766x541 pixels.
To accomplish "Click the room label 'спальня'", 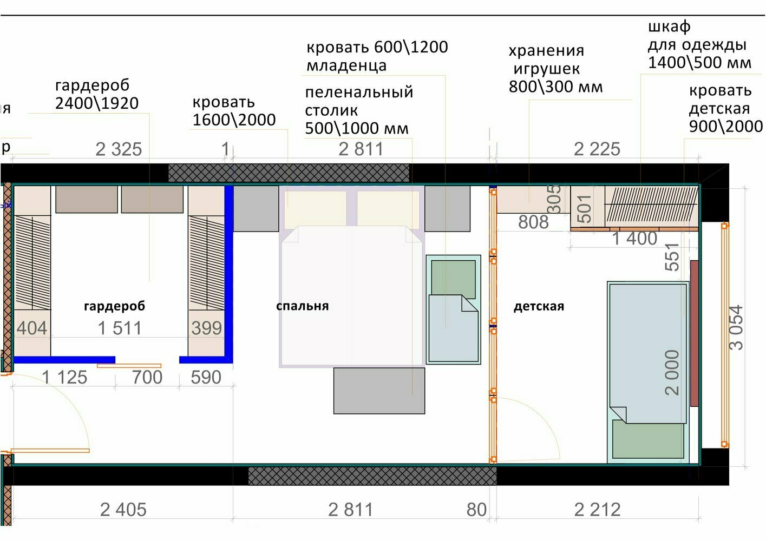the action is click(302, 306).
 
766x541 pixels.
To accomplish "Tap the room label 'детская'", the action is click(539, 306).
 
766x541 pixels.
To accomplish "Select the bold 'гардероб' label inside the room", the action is click(115, 306).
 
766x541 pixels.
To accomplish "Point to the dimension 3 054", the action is click(736, 327).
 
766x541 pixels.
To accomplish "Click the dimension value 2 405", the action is click(123, 510).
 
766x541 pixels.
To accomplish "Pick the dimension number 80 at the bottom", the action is click(476, 510).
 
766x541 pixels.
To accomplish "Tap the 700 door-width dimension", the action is click(147, 377).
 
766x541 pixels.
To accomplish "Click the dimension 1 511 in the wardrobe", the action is click(120, 328).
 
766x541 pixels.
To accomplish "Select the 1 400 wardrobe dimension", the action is click(634, 238).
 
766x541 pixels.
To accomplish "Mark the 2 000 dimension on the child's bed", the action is click(672, 373).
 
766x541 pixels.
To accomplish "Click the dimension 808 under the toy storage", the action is click(533, 222).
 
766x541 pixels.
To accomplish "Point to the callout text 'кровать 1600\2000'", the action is click(234, 111).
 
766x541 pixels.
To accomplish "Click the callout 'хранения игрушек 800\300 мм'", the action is click(555, 69).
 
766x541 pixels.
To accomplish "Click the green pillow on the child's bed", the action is click(648, 439).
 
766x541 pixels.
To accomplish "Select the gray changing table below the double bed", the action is click(379, 391).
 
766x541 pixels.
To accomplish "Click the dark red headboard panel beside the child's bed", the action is click(694, 334).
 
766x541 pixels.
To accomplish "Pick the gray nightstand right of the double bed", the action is click(448, 209).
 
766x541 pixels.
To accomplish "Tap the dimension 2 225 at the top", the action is click(597, 149).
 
